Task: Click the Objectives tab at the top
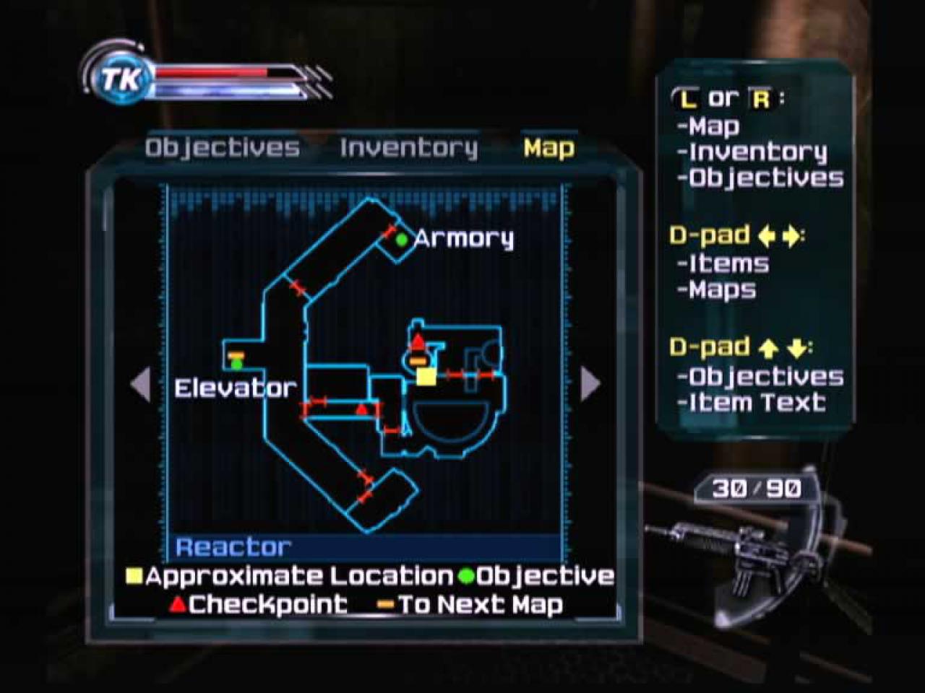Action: pos(222,149)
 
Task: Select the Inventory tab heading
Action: pos(409,149)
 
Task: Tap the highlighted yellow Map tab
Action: pos(548,148)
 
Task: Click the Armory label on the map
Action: pos(464,240)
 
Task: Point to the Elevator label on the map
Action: pos(236,388)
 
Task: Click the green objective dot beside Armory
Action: pos(402,240)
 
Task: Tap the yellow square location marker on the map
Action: pos(426,377)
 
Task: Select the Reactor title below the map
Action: pos(233,547)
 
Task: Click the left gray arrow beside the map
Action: pos(141,384)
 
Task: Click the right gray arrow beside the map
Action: pos(590,383)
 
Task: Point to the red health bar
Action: pos(212,73)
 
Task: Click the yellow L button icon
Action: pos(687,100)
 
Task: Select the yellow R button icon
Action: pos(761,100)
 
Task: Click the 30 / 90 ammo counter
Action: pos(757,489)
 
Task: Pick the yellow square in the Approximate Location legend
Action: pos(134,576)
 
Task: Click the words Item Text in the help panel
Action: pos(757,402)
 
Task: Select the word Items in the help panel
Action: pos(729,263)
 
